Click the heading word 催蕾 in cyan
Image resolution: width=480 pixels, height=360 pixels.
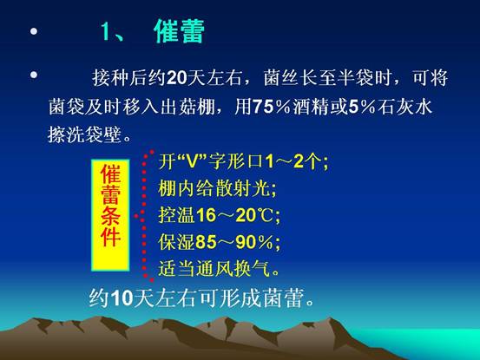point(179,31)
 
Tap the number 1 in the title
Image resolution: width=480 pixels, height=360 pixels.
point(105,31)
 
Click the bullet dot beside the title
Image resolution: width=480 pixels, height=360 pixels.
point(34,31)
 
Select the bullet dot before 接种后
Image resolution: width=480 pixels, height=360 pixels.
point(34,75)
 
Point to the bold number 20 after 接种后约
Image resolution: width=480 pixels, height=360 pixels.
point(177,78)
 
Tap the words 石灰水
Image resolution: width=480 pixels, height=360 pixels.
point(404,107)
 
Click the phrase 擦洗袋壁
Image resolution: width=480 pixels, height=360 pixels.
point(85,134)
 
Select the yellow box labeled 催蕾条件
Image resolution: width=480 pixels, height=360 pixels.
point(110,215)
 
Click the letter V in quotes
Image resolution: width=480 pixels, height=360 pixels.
point(193,162)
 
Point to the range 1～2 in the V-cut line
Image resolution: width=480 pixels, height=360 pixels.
point(286,162)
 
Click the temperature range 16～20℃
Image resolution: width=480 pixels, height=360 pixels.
point(234,215)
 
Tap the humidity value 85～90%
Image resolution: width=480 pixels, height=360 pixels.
point(234,242)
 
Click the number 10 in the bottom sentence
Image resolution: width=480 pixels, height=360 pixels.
point(122,298)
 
